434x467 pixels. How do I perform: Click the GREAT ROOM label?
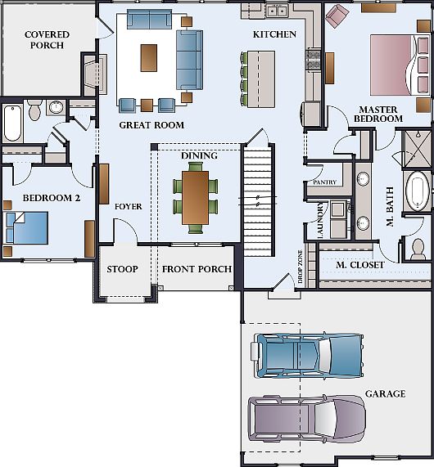pos(151,125)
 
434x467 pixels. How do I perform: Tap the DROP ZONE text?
pos(300,267)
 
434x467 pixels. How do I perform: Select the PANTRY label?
pos(324,182)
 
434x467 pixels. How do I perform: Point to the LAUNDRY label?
pos(321,220)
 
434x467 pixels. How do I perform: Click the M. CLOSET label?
pos(360,265)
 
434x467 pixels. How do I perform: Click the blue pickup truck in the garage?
pos(309,356)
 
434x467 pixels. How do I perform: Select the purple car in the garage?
pos(307,418)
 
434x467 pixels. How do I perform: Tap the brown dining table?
pos(196,197)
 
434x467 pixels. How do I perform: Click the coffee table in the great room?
pos(149,58)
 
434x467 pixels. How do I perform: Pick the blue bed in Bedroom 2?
pos(27,227)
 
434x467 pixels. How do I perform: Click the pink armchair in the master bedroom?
pos(337,16)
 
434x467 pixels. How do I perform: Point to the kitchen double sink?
pos(278,11)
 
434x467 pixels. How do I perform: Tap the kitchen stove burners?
pos(312,60)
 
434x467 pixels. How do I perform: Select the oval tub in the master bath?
pos(418,191)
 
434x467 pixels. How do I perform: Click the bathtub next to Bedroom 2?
pos(13,123)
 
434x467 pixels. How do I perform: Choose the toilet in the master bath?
pos(418,249)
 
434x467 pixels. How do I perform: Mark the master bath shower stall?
pos(417,148)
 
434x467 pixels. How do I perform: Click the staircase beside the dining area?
pos(258,200)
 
